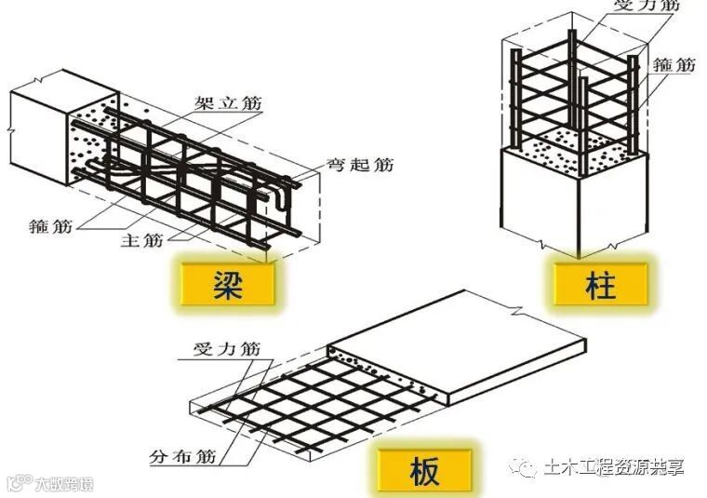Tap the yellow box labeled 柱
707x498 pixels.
pos(601,282)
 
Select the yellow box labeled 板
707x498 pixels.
pos(419,468)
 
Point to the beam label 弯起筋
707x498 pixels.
pos(359,166)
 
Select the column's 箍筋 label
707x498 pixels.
pos(674,65)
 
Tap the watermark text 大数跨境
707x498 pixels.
pos(64,484)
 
